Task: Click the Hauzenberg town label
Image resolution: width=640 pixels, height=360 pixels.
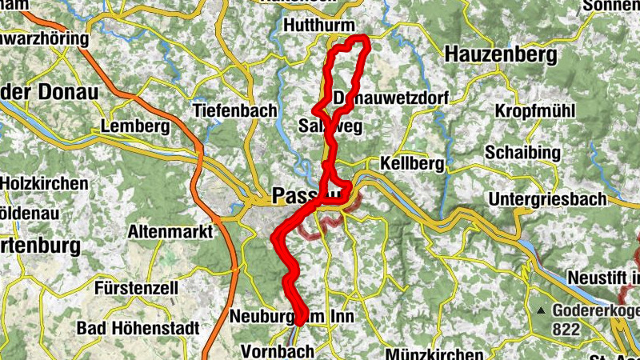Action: [x=500, y=54]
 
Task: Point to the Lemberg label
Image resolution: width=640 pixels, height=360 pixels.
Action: [x=135, y=126]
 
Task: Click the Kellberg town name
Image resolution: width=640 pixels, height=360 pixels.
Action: [x=413, y=163]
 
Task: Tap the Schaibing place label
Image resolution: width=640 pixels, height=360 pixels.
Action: [x=530, y=152]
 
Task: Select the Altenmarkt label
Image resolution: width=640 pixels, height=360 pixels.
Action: [x=170, y=232]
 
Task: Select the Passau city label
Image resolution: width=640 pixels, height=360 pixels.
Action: [x=308, y=195]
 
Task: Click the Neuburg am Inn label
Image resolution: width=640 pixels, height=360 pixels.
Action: [x=292, y=317]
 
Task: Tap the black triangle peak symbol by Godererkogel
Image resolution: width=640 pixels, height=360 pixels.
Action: [x=542, y=311]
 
